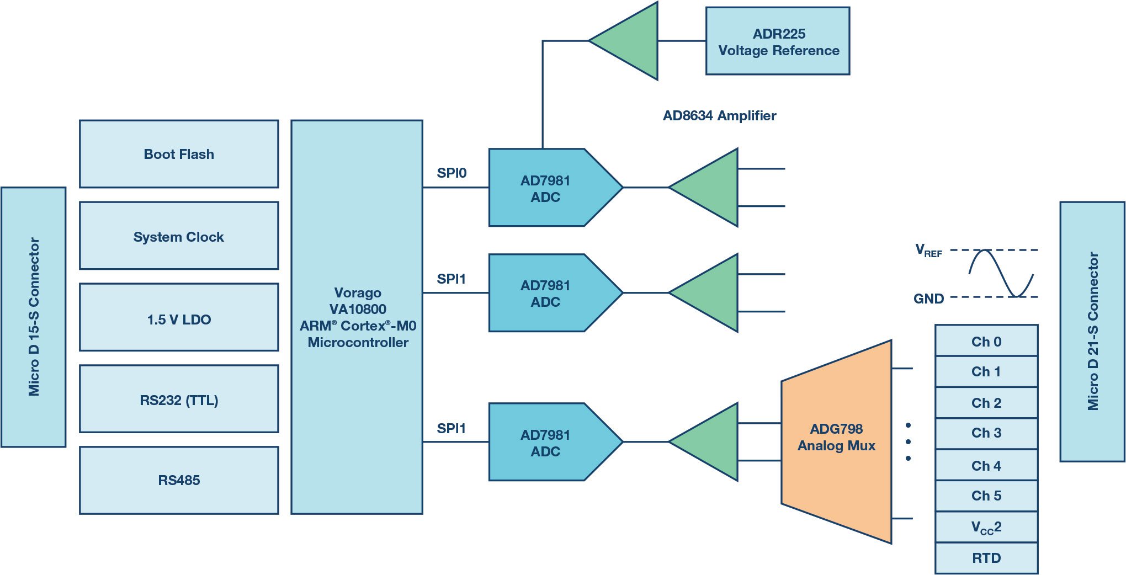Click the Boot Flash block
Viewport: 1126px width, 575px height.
tap(179, 154)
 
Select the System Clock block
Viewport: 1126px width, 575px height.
tap(179, 236)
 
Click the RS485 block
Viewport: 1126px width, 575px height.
tap(179, 480)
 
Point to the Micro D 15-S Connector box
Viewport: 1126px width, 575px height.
tap(34, 317)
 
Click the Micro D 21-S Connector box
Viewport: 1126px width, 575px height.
tap(1092, 331)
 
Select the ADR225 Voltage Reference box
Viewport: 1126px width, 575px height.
tap(778, 41)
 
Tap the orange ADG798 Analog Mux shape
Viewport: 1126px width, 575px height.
tap(836, 441)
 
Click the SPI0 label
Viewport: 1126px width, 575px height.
tap(452, 173)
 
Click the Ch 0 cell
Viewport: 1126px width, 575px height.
tap(986, 341)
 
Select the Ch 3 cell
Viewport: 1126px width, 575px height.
tap(986, 433)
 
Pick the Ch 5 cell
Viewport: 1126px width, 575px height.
tap(986, 496)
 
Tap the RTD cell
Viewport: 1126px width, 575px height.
tap(986, 558)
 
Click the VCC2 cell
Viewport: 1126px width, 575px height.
tap(986, 528)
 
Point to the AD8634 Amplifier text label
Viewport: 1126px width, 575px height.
tap(719, 116)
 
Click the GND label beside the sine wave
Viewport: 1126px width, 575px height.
tap(928, 299)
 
